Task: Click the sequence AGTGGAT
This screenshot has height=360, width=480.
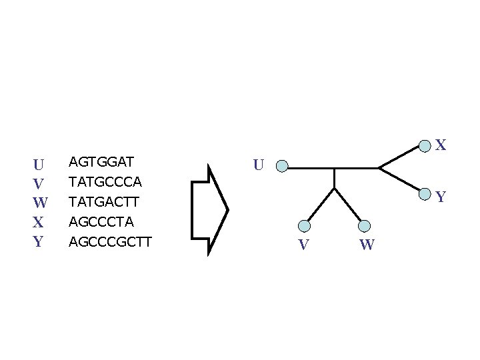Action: tap(102, 162)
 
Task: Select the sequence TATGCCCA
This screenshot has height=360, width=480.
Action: tap(105, 181)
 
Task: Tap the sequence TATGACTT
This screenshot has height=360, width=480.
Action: tap(104, 201)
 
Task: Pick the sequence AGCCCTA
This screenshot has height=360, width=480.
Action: tap(101, 221)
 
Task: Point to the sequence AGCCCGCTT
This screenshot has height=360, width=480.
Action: tap(111, 241)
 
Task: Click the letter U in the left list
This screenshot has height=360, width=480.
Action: tap(39, 164)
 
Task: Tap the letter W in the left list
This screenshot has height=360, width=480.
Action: tap(39, 203)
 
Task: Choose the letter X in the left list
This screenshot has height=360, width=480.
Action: tap(39, 222)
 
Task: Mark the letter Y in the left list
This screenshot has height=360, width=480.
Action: tap(39, 241)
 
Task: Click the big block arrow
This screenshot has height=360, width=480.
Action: tap(209, 209)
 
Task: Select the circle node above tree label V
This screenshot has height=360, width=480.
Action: tap(304, 225)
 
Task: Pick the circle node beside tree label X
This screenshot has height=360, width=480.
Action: tap(425, 145)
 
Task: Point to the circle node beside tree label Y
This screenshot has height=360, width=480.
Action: tap(425, 195)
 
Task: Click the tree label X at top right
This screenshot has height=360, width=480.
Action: tap(441, 145)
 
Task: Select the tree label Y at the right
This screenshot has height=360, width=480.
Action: tap(441, 197)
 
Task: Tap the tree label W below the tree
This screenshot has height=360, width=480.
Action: tap(367, 245)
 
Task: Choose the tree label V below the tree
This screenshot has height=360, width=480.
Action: tap(304, 245)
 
